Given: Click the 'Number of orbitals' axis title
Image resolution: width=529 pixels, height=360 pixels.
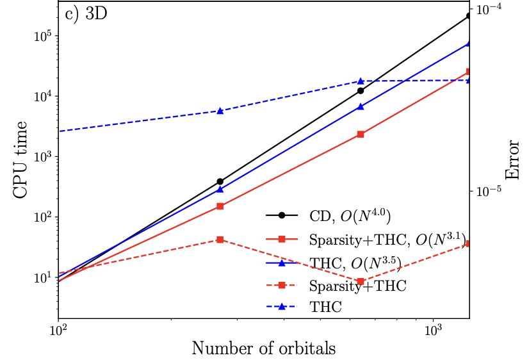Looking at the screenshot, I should click(x=264, y=348).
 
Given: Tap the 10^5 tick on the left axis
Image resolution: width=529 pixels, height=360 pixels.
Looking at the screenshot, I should click(x=42, y=35).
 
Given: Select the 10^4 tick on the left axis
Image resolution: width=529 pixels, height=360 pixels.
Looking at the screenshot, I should click(x=42, y=96).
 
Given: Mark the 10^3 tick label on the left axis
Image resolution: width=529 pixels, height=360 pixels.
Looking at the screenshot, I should click(x=42, y=156).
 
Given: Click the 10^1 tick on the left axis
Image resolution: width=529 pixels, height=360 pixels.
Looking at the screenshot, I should click(x=42, y=277).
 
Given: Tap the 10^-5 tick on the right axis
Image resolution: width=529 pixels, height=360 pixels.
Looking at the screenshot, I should click(x=491, y=191).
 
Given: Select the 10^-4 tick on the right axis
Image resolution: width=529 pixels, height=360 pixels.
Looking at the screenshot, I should click(x=491, y=9).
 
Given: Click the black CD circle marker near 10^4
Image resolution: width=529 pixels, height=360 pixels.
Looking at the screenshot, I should click(x=361, y=91).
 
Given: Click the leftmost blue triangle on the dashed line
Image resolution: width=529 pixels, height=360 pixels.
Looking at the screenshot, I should click(x=220, y=111).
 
